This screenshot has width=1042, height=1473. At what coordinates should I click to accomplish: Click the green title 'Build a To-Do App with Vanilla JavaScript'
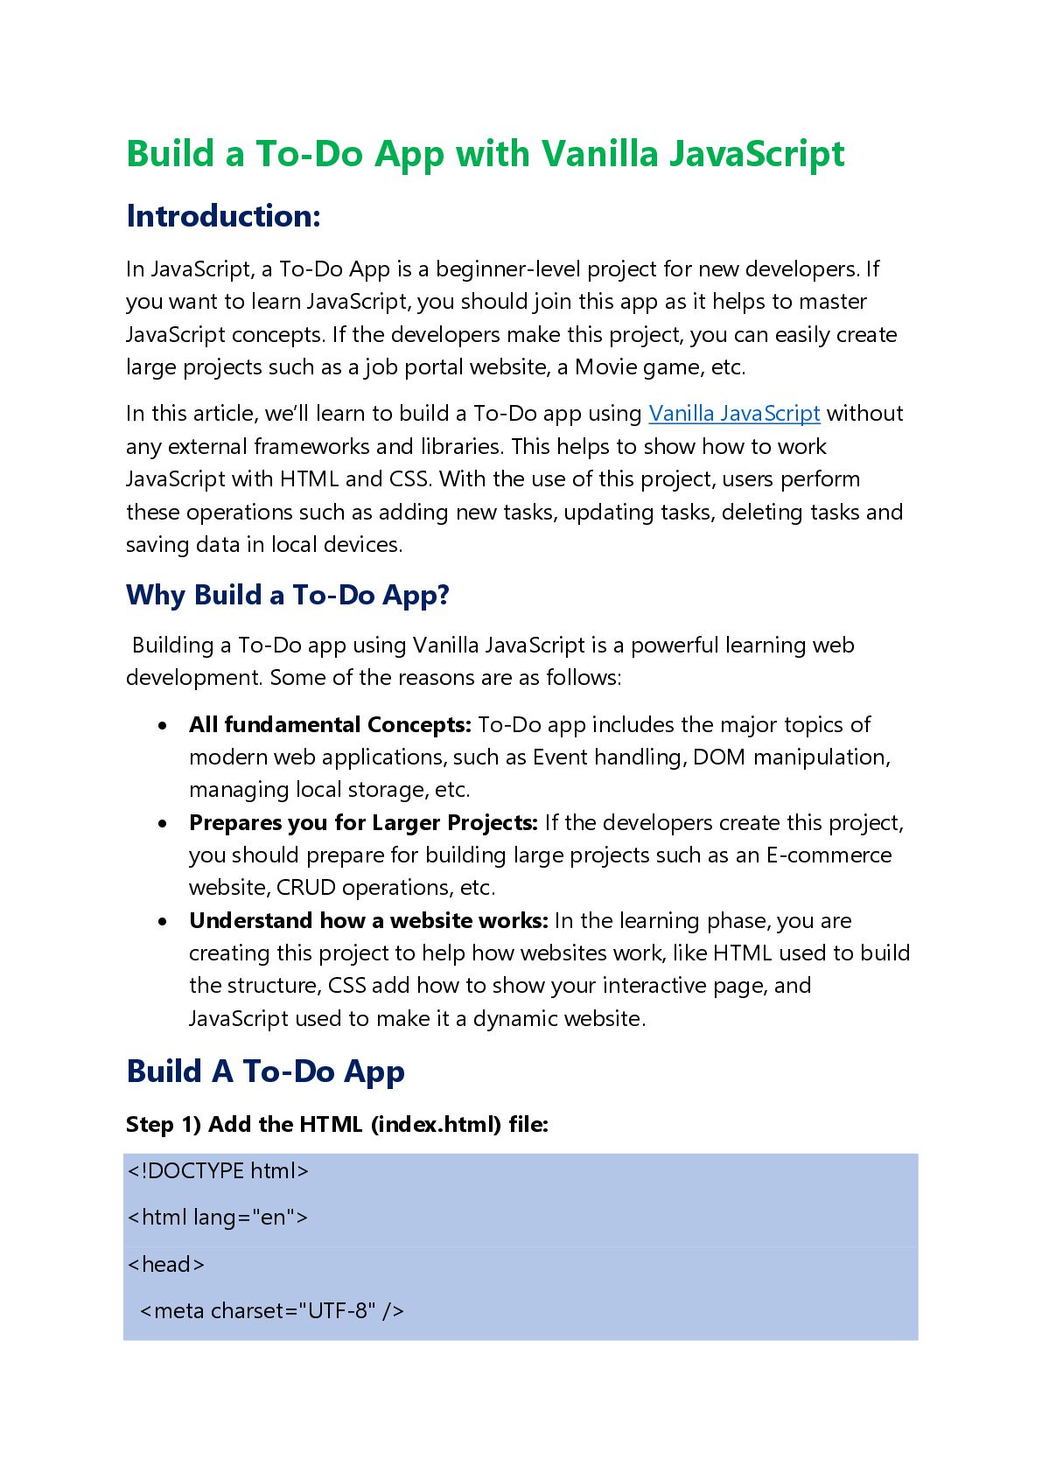point(486,154)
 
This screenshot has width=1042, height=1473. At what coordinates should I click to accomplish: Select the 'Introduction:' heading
point(223,216)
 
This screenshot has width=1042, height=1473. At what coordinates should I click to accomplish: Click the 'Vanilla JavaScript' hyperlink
point(734,414)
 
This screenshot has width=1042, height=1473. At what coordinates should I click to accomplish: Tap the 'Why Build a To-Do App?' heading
point(287,596)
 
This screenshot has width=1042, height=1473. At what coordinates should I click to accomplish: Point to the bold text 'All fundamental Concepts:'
point(330,725)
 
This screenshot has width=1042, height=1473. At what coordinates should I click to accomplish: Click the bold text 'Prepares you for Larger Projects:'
point(363,823)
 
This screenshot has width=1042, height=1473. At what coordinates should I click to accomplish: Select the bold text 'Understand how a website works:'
point(368,921)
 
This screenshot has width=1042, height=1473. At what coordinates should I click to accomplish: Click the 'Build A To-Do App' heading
point(265,1072)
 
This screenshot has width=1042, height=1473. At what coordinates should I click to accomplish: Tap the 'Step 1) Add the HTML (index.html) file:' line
point(337,1125)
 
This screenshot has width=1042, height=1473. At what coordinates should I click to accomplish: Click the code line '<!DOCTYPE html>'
point(218,1171)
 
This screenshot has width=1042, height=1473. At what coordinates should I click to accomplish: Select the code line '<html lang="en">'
point(218,1218)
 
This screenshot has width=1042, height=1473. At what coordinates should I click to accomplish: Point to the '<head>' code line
point(166,1265)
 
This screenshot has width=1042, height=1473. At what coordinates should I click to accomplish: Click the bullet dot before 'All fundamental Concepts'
point(163,726)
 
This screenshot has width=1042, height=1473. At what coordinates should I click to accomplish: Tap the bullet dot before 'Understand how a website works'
point(163,922)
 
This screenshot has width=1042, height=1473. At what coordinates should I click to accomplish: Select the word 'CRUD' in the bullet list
point(306,888)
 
